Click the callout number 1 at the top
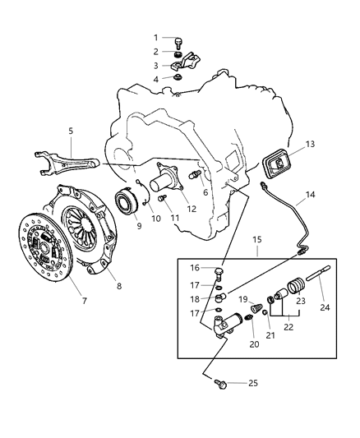[155, 37]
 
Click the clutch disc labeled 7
[41, 247]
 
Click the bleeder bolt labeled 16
[217, 270]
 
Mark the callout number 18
[196, 298]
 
